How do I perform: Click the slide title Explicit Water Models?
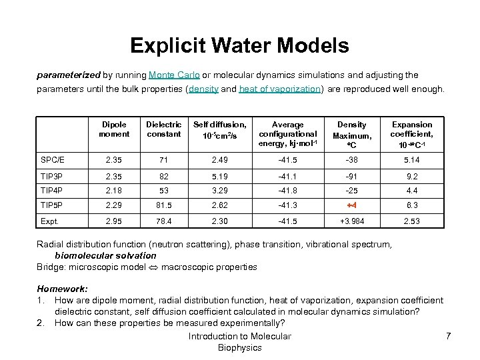pos(239,45)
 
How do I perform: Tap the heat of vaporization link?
pos(280,89)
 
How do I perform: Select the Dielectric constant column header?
pos(164,129)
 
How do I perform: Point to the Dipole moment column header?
pos(114,129)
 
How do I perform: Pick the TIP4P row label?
pos(51,190)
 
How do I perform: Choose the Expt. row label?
pos(50,221)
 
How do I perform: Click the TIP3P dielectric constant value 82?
pos(164,175)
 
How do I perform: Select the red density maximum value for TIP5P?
pos(352,206)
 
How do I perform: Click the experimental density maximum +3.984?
pos(352,221)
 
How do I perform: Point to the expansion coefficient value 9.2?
pos(412,175)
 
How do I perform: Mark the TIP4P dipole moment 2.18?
pos(114,190)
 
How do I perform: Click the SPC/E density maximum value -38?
pos(352,160)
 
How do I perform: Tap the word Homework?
pos(62,289)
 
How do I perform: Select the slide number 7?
pos(448,336)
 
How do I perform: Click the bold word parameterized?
pos(68,75)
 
